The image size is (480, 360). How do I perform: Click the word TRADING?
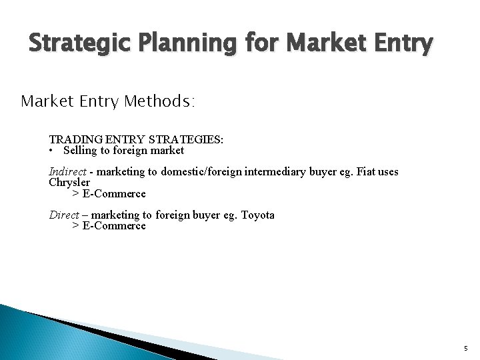(73, 139)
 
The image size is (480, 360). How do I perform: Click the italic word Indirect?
(68, 171)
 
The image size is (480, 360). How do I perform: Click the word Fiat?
(366, 171)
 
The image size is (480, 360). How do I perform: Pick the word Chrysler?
(69, 182)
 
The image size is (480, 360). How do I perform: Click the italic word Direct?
(65, 215)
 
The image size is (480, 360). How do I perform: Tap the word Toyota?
(257, 215)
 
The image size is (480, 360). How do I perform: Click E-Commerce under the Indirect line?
(113, 193)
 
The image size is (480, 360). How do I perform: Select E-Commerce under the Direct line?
(113, 225)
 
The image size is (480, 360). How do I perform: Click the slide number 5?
(465, 348)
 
